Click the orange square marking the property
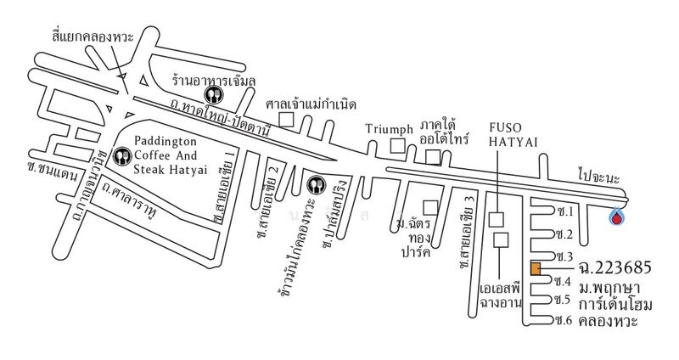coord(536,269)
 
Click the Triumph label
coord(389,129)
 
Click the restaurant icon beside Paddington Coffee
coord(123,156)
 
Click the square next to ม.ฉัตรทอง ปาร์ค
coord(431,206)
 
